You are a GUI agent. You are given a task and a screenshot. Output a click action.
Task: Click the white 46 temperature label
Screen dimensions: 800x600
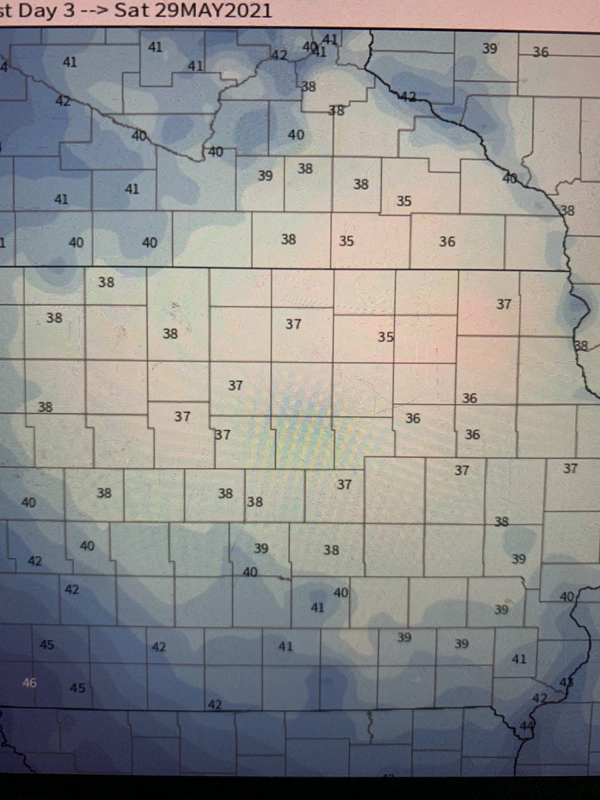[x=29, y=682]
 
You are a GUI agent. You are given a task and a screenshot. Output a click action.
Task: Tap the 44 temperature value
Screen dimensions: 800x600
[x=526, y=725]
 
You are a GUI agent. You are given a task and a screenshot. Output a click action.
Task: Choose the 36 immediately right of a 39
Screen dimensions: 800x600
[x=541, y=52]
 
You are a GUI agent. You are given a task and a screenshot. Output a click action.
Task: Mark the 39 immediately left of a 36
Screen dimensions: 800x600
[x=490, y=48]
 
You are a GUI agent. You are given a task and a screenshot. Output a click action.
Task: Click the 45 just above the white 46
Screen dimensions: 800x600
[x=47, y=645]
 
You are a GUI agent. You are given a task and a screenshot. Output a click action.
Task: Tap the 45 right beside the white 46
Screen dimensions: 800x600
[x=77, y=687]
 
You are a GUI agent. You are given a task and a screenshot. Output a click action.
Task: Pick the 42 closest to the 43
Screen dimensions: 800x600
[x=540, y=698]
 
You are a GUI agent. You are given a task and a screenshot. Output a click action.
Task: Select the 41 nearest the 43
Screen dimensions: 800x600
[x=519, y=659]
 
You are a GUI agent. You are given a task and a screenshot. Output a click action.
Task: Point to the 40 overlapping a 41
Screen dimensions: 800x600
[x=309, y=47]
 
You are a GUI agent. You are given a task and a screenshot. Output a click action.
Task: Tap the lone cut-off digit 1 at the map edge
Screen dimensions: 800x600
[x=3, y=243]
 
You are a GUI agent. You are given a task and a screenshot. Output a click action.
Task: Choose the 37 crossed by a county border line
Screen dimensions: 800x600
[x=223, y=435]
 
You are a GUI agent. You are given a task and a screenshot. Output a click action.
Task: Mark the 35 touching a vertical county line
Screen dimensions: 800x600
[x=385, y=337]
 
